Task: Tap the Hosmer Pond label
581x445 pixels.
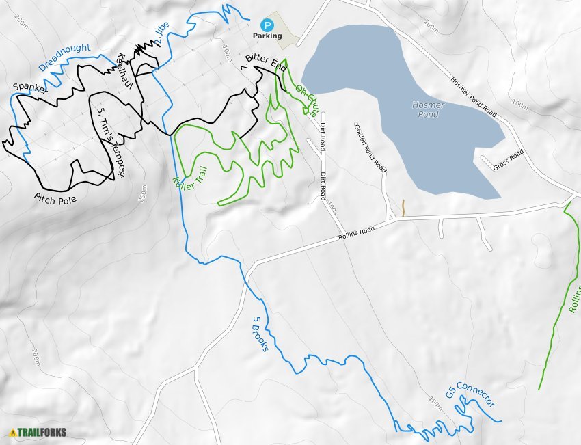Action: click(x=429, y=109)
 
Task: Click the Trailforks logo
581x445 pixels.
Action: click(x=38, y=432)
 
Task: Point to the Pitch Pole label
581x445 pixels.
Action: click(x=55, y=200)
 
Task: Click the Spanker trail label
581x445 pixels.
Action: click(x=30, y=89)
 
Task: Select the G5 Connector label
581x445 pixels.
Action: click(x=470, y=394)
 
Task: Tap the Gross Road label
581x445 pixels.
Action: click(x=508, y=161)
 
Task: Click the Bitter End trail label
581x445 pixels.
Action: click(x=264, y=65)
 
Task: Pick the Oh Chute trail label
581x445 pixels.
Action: click(x=308, y=96)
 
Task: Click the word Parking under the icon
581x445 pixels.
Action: click(x=267, y=36)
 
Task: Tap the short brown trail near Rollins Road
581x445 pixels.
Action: click(x=403, y=208)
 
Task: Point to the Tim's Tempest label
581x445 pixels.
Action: click(x=109, y=142)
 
